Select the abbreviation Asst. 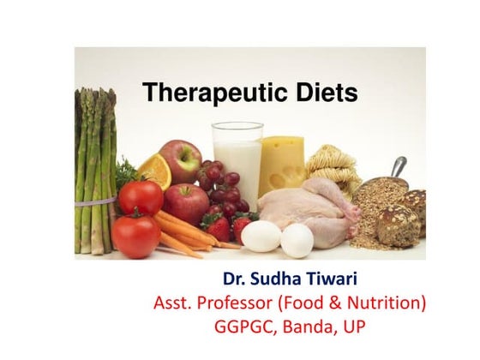175,303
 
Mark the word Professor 248,303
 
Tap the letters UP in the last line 357,327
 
